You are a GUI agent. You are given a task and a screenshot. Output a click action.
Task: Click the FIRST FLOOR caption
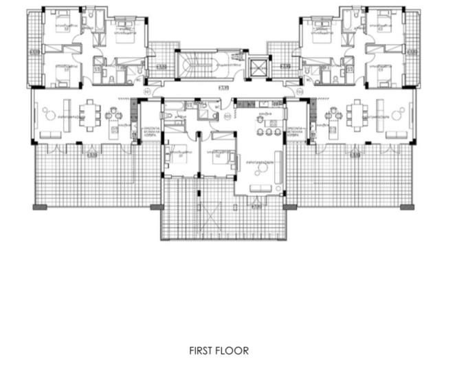[219, 350]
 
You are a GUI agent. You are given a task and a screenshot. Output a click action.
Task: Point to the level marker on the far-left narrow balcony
[34, 52]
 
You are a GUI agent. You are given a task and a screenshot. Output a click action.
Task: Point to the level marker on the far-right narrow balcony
[412, 52]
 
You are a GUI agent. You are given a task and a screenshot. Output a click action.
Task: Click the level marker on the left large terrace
[91, 155]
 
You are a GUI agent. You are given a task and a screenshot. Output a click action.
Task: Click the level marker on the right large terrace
[355, 155]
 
